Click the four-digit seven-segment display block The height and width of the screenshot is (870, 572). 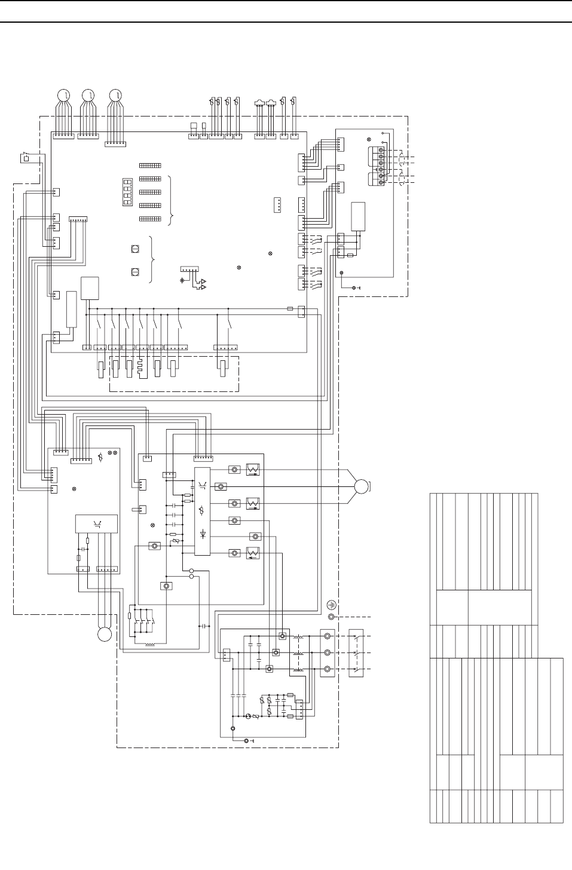(127, 192)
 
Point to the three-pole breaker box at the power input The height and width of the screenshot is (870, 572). (356, 652)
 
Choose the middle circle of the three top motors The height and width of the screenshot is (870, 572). (88, 95)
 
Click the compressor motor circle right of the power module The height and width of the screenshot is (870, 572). (362, 486)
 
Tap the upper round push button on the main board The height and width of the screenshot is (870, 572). (134, 250)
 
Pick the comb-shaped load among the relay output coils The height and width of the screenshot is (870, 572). (142, 367)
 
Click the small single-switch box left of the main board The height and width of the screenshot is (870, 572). (26, 159)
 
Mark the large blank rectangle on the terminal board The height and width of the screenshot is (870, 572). (358, 216)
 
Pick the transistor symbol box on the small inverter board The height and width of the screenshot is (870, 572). (96, 523)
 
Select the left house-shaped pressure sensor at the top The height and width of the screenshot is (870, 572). (259, 103)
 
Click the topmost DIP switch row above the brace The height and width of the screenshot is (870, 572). (150, 165)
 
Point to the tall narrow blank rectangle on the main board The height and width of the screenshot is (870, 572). (72, 309)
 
